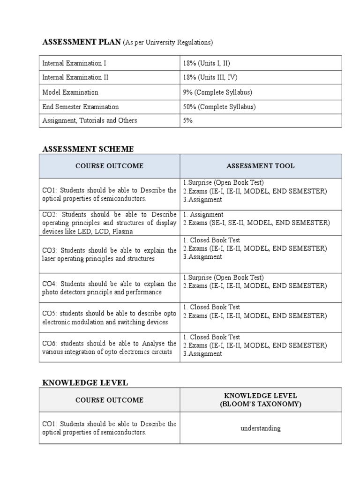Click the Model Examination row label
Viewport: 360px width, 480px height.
70,92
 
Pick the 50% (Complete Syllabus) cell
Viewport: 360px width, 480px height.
219,107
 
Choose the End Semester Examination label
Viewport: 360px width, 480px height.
81,107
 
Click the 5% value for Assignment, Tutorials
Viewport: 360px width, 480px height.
188,120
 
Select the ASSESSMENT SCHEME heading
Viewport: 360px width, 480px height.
88,149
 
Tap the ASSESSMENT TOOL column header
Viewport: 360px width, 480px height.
261,166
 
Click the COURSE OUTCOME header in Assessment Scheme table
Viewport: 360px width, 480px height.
109,166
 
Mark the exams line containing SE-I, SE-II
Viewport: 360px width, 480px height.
256,223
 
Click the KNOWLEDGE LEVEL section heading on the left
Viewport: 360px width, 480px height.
85,383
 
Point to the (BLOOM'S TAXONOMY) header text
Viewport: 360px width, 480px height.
261,404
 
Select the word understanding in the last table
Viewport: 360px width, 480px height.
261,428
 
